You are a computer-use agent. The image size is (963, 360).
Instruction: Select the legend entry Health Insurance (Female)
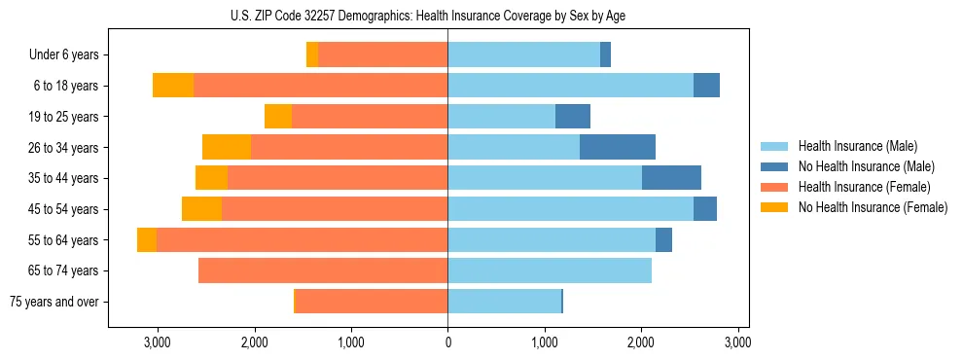864,187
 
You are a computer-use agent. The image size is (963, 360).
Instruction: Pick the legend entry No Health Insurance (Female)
872,207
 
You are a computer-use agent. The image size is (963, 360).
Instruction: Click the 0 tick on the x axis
447,342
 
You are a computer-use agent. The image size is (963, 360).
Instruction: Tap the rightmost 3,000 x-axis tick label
737,342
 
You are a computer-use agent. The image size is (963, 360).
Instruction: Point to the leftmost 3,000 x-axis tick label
158,342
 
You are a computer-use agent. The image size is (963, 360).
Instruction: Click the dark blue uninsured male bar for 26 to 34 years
618,147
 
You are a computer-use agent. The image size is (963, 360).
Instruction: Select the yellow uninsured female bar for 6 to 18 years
173,86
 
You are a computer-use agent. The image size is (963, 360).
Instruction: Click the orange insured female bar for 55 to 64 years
302,240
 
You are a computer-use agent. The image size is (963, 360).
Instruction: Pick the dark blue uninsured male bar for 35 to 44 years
671,178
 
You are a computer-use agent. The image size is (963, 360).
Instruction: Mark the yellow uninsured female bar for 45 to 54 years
201,209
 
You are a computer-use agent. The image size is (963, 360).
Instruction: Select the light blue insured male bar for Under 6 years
523,55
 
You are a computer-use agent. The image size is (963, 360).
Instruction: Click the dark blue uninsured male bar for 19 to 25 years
572,117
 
